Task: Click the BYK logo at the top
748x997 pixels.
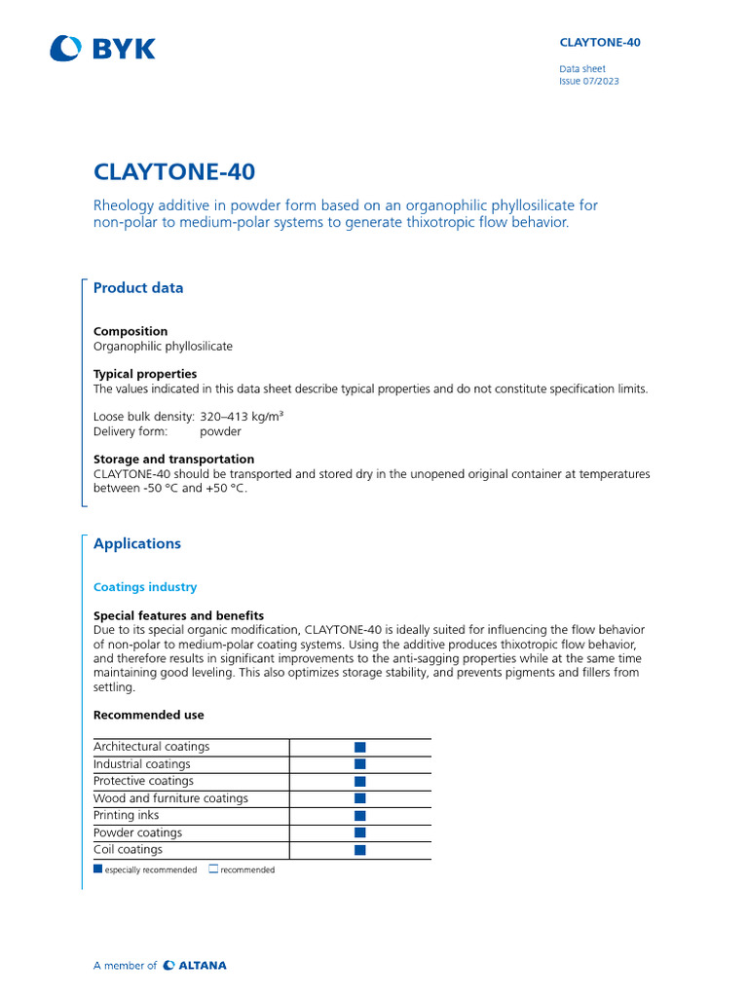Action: [102, 48]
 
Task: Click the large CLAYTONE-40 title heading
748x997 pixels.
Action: [174, 172]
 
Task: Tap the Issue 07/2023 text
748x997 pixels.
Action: [588, 81]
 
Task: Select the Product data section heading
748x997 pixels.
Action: [138, 288]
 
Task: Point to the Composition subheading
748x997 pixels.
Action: [131, 331]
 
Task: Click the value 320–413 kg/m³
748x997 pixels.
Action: [242, 417]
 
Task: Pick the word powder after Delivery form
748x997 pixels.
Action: [220, 431]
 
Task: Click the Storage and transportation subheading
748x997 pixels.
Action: [173, 459]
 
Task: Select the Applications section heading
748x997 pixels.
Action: [137, 544]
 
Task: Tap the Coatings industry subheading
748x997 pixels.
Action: [145, 587]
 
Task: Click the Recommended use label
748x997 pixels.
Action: [149, 715]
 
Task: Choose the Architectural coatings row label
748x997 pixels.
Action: [151, 747]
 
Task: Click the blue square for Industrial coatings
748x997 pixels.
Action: [359, 764]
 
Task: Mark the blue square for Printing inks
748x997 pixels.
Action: [359, 816]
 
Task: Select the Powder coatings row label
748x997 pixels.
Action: [137, 832]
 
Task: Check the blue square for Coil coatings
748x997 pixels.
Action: [359, 850]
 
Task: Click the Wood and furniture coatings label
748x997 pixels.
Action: [170, 798]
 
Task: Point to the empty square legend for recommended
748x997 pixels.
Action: [213, 869]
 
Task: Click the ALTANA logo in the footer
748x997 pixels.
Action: [195, 966]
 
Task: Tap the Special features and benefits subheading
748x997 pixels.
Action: [178, 615]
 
